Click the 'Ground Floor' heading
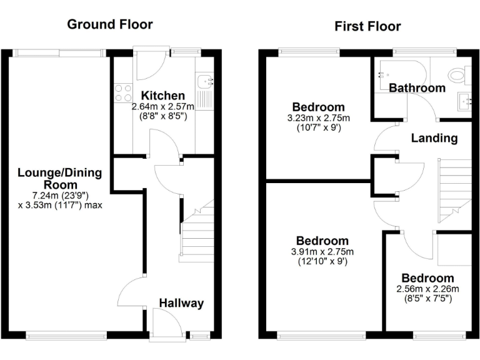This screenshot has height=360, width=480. [109, 24]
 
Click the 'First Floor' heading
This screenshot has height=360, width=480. [367, 26]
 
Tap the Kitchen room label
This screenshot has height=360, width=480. [162, 96]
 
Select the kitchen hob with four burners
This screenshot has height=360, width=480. [122, 93]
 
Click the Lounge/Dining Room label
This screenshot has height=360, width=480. [60, 179]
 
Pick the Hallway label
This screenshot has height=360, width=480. [181, 303]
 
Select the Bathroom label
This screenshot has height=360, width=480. [417, 88]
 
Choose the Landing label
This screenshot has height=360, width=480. [434, 138]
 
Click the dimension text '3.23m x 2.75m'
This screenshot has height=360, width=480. [318, 118]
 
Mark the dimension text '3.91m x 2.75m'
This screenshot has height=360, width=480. [322, 252]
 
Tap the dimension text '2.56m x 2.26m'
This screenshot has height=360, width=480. [427, 289]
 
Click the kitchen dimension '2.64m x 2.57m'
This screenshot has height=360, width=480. [162, 107]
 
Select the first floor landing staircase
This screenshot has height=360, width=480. [453, 187]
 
